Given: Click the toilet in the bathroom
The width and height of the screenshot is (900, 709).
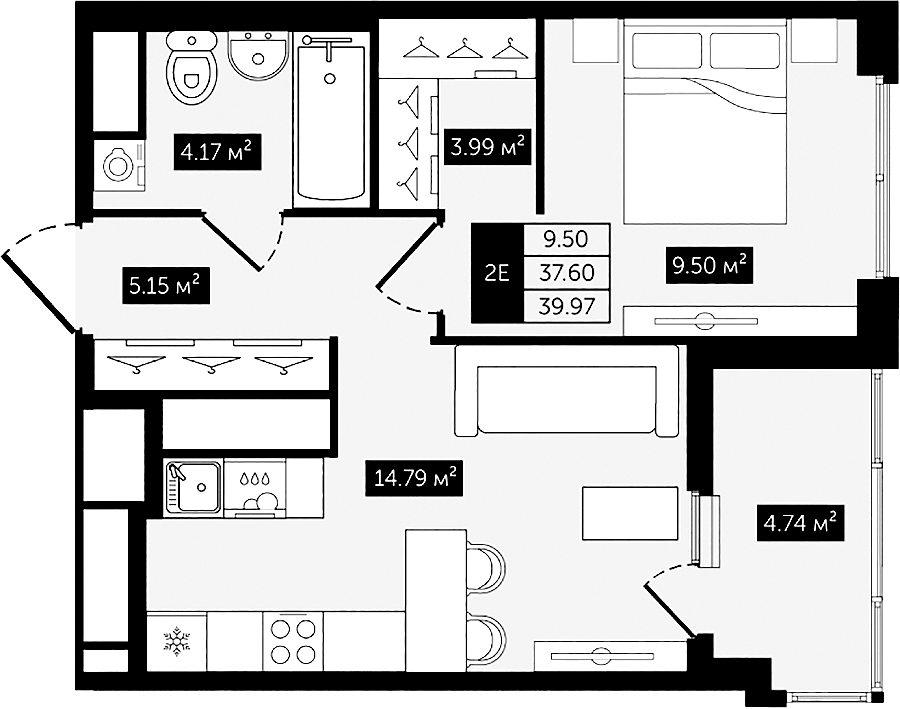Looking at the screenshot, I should (x=192, y=71).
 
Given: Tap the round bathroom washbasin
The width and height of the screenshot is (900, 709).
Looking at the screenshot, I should (x=258, y=56).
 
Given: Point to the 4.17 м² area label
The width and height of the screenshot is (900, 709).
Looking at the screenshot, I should (x=217, y=152).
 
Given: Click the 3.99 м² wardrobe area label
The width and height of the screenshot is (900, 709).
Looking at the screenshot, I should (x=487, y=147).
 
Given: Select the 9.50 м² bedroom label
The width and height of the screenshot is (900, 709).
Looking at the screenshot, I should (x=709, y=266).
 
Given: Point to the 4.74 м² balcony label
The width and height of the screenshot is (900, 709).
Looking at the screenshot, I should (x=800, y=523).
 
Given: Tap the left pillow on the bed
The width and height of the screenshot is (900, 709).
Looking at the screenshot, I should (x=667, y=51).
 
